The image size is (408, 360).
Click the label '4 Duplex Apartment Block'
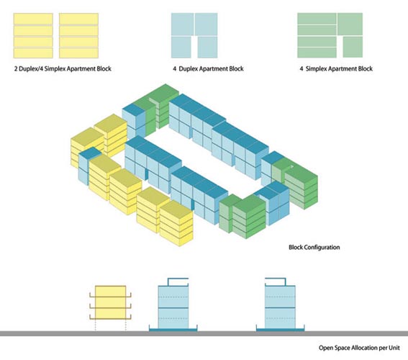(208, 68)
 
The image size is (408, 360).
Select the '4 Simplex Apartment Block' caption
(336, 68)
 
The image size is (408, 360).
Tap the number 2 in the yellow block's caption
(16, 68)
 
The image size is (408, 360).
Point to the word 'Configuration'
(322, 247)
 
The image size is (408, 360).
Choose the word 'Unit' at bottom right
(394, 348)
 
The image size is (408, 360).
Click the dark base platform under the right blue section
(280, 330)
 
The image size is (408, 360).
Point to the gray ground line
(204, 333)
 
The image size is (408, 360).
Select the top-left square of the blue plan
(182, 24)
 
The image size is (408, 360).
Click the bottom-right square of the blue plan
(207, 47)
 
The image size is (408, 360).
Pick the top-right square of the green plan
(350, 24)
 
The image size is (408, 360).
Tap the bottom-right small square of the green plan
(353, 47)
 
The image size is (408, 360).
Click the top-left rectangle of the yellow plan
(33, 19)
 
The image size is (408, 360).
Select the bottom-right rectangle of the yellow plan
(78, 53)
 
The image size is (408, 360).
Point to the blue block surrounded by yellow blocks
(87, 166)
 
